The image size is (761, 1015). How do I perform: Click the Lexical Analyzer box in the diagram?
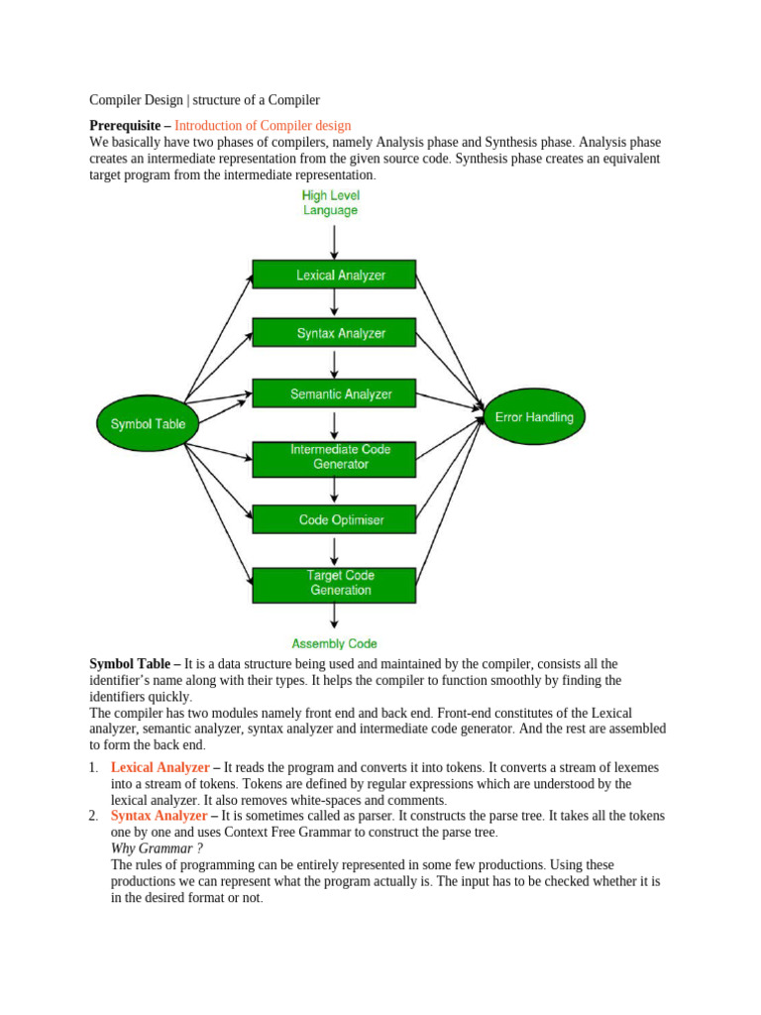coord(334,275)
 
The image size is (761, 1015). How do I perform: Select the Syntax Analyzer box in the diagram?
coord(334,334)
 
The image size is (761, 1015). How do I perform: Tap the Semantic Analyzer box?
coord(334,394)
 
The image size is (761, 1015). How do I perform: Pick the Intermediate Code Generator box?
coord(334,457)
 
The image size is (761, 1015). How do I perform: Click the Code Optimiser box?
coord(334,519)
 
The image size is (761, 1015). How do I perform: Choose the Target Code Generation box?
coord(334,583)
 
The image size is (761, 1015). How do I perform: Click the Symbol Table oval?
coord(148,424)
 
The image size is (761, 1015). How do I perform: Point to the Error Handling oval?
coord(534,417)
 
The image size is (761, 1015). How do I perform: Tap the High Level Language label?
coord(331,203)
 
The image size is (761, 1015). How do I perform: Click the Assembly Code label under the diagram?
coord(334,643)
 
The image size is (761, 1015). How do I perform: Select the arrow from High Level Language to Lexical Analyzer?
coord(334,241)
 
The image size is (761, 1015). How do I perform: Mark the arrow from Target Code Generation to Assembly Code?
coord(334,616)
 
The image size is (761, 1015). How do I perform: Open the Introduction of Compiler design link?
coord(263,125)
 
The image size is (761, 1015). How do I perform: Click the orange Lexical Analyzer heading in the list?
coord(160,767)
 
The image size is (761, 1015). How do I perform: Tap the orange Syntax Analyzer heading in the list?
coord(159,816)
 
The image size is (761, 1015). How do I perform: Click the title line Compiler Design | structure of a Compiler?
coord(204,100)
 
